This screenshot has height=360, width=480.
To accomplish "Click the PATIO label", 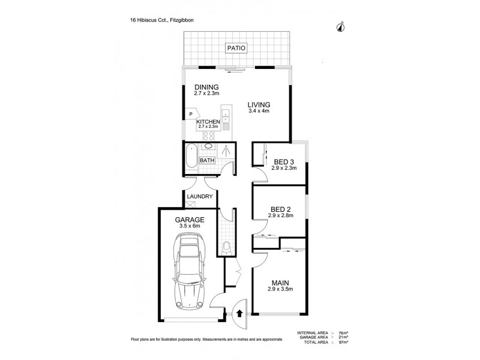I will [235, 48].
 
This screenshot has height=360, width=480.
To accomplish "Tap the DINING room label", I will [206, 87].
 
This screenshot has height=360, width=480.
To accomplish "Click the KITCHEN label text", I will [208, 122].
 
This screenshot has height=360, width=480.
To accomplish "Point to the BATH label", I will [207, 160].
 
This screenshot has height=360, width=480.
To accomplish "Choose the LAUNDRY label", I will [199, 197].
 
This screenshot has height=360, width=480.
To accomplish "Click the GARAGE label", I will [190, 220].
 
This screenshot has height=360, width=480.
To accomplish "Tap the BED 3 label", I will [284, 162].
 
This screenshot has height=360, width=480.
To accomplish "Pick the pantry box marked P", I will [190, 114].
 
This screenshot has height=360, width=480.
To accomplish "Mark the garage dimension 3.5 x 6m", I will [190, 226].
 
